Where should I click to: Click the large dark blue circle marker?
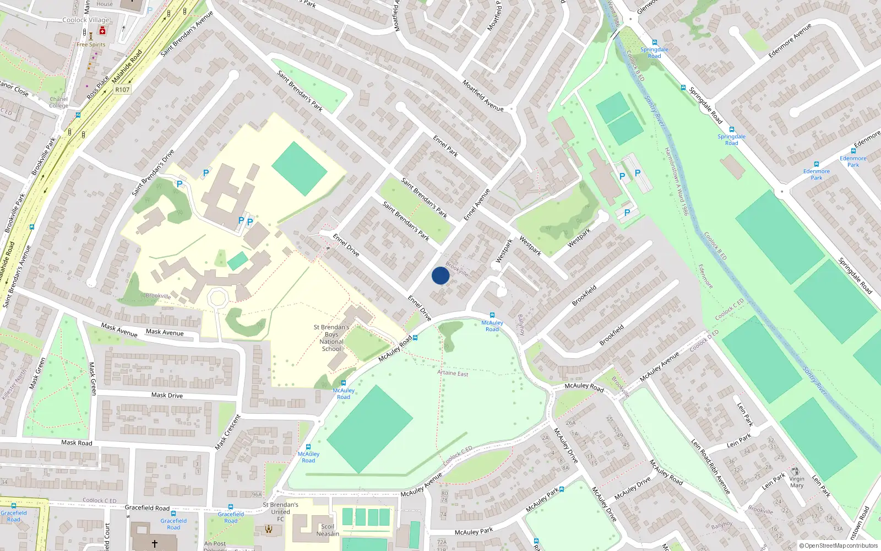tap(440, 275)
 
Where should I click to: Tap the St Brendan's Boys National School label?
tap(331, 338)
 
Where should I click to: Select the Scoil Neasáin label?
tap(328, 530)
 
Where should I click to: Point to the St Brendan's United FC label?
tap(280, 511)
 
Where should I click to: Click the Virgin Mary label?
tap(797, 482)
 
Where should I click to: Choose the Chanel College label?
tap(58, 102)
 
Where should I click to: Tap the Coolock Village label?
tap(86, 20)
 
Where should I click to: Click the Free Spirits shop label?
tap(91, 45)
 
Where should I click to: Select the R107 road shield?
tap(122, 89)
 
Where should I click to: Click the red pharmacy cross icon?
tap(102, 31)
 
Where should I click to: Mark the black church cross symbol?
tap(155, 543)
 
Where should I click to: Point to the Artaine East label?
tap(453, 373)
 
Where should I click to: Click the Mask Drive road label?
tap(167, 395)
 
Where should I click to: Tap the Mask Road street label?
tap(77, 442)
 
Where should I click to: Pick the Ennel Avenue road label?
tap(477, 205)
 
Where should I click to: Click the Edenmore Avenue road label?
tap(790, 40)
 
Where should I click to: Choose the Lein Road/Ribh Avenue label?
tap(710, 466)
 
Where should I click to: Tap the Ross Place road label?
tap(98, 88)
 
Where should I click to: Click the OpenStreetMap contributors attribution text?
tap(838, 546)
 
